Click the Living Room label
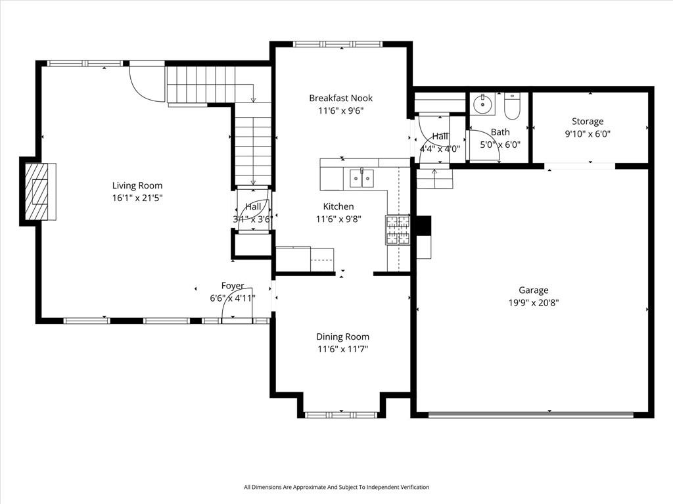(137, 185)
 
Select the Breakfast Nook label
(341, 98)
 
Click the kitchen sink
(361, 179)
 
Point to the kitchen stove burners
(398, 230)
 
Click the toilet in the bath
(511, 106)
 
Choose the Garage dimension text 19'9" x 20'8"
(534, 303)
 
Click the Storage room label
(588, 122)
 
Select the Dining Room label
(342, 336)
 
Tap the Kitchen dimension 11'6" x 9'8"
(338, 219)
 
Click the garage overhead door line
(531, 415)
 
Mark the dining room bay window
(341, 415)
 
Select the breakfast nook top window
(338, 44)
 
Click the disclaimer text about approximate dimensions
(336, 487)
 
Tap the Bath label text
(500, 132)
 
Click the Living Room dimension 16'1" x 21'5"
(137, 198)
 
